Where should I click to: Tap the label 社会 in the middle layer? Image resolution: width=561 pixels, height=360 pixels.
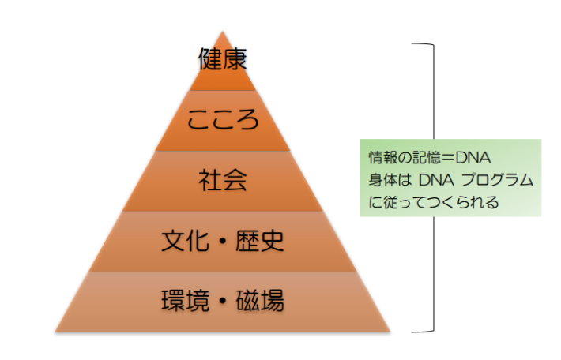223,180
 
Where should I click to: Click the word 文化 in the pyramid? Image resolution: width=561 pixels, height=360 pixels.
185,240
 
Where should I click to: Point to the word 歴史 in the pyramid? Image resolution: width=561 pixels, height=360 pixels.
260,240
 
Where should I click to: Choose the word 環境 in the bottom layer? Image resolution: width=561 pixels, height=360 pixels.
185,300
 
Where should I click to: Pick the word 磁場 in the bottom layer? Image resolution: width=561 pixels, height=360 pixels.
260,300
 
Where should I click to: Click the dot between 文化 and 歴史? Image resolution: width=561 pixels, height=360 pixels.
223,241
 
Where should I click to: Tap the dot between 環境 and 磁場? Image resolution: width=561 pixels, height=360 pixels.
223,301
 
